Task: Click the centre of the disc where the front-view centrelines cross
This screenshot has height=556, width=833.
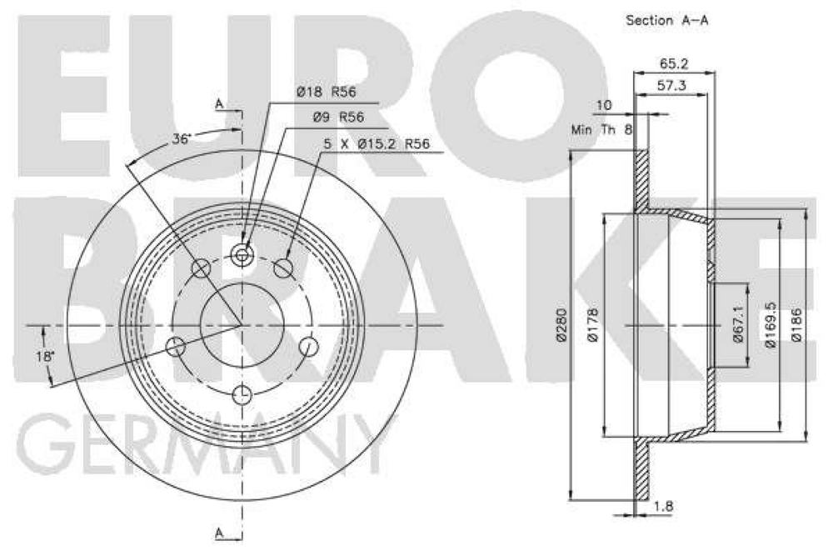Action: click(242, 325)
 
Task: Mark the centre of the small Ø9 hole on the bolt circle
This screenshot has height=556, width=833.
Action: click(242, 255)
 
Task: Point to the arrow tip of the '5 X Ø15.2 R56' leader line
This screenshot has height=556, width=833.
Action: click(287, 258)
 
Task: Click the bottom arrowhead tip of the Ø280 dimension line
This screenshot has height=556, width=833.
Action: click(571, 499)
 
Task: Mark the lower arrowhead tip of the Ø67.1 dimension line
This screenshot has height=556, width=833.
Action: click(747, 367)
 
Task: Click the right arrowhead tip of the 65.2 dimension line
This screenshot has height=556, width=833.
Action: click(715, 72)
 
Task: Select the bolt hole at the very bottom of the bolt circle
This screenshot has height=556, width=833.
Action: click(242, 394)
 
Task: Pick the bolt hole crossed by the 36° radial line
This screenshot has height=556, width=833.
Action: click(202, 268)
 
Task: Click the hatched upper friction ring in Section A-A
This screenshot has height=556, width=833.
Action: click(642, 179)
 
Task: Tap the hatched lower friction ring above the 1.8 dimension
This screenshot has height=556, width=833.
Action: click(642, 470)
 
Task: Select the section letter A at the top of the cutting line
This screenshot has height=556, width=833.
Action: click(219, 103)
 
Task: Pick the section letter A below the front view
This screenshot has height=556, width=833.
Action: click(219, 532)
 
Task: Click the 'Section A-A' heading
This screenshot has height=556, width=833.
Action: click(667, 21)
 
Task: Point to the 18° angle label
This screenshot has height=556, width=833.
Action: click(46, 356)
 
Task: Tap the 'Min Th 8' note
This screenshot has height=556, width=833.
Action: click(602, 129)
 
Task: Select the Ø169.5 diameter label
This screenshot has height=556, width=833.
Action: click(771, 325)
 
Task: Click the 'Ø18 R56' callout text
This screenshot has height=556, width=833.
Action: click(327, 92)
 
